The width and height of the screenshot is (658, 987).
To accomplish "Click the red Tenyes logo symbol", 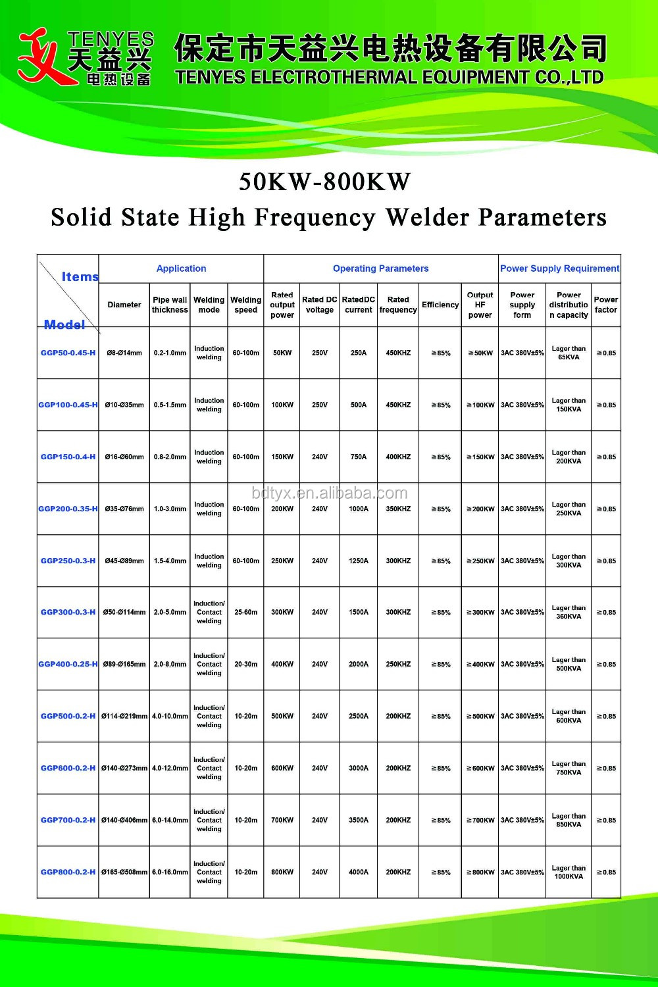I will tap(41, 58).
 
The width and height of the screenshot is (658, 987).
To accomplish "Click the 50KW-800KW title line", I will tap(324, 182).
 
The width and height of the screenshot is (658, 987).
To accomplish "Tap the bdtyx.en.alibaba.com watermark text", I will tap(330, 493).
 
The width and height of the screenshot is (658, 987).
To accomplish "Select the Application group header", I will tap(181, 268).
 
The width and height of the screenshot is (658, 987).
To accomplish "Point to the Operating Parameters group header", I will tap(380, 268).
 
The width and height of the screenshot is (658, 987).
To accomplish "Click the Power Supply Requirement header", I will tap(559, 268).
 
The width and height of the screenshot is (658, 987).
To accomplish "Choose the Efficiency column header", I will tap(440, 305).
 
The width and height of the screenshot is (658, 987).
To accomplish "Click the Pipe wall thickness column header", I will tap(170, 305).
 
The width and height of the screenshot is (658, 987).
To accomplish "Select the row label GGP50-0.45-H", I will tap(68, 353).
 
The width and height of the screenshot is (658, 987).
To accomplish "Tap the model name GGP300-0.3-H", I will tap(68, 612).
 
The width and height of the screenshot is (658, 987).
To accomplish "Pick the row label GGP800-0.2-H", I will tap(68, 872).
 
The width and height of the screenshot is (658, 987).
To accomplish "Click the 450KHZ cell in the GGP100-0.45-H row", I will tap(398, 405).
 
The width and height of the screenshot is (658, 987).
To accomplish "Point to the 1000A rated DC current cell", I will tap(359, 509).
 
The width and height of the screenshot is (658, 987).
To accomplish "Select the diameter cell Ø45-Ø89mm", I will tap(124, 561).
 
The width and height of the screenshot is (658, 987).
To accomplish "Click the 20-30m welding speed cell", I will tap(246, 664).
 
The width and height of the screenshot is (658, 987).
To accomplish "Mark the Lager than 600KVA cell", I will tap(569, 716).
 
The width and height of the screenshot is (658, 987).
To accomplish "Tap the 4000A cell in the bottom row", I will tap(359, 872).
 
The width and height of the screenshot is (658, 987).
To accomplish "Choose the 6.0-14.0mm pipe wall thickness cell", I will tap(170, 820).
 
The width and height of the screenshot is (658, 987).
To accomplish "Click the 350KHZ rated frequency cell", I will tap(398, 509).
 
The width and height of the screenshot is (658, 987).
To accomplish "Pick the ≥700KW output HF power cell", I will tap(480, 820).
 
